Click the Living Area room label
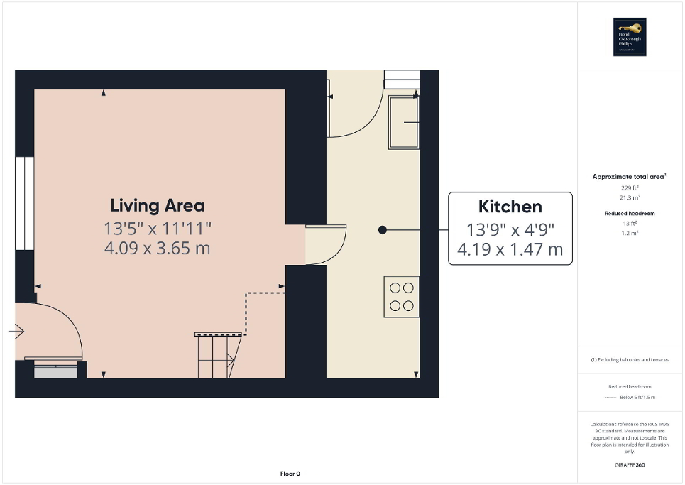tap(157, 206)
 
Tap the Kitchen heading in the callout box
tap(510, 207)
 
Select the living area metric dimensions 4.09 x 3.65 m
tap(157, 249)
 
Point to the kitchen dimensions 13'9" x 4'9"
tap(510, 230)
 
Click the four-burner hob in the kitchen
tap(402, 297)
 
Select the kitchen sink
tap(403, 122)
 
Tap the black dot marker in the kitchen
tap(383, 229)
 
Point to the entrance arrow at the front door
tap(18, 331)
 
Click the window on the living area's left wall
tap(24, 202)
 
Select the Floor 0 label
tap(290, 474)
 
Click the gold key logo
tap(630, 28)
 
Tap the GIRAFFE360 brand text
tap(630, 465)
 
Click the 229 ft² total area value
tap(630, 188)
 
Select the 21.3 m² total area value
tap(630, 199)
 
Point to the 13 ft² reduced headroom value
tap(630, 224)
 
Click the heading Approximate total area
tap(630, 176)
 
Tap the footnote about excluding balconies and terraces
tap(630, 360)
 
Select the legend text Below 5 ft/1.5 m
tap(637, 398)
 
